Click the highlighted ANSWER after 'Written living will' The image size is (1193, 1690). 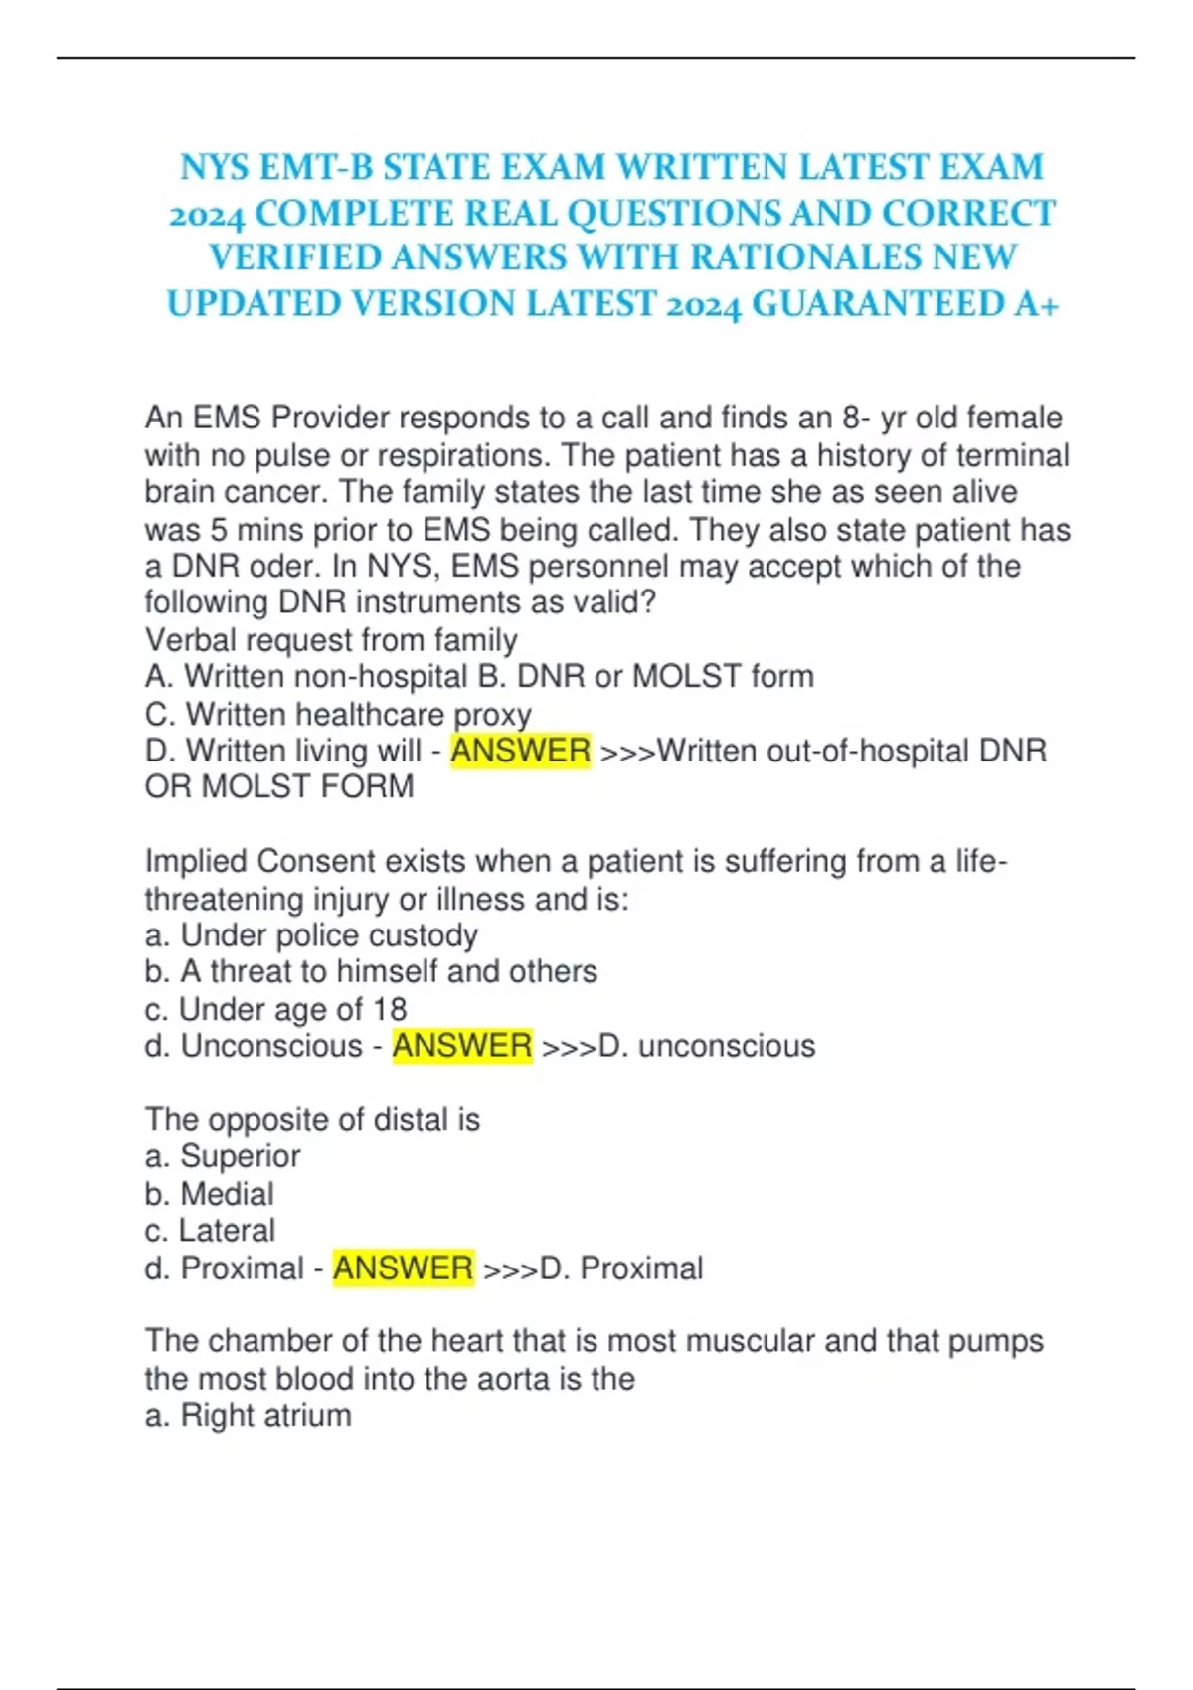click(520, 751)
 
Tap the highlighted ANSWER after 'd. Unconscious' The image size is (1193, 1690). click(462, 1046)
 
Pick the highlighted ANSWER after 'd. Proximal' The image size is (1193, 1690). click(403, 1268)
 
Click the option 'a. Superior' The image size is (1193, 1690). click(222, 1156)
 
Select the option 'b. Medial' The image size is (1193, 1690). click(209, 1194)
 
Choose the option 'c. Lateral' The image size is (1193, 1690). click(209, 1231)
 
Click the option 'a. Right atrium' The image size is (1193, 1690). click(248, 1416)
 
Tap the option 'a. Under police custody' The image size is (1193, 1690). click(310, 935)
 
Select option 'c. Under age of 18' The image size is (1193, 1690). click(275, 1009)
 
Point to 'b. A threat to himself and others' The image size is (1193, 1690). click(370, 971)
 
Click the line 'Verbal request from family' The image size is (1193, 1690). click(330, 640)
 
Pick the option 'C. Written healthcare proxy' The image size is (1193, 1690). click(338, 715)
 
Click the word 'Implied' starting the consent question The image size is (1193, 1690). click(195, 862)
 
